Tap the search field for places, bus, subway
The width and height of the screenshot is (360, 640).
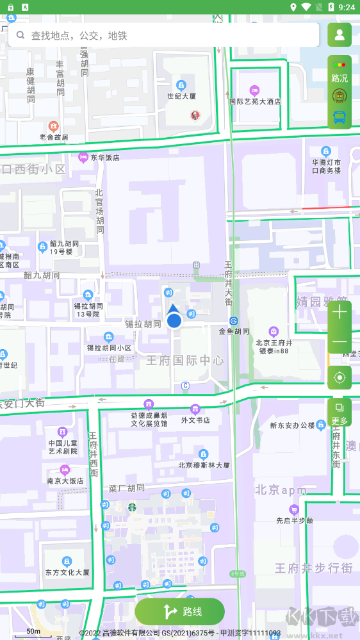(163, 35)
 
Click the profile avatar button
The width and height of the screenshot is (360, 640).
(340, 35)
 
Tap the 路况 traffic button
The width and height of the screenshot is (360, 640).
(340, 71)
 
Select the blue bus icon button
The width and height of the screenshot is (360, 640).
(340, 117)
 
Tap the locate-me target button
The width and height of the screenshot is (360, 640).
(340, 377)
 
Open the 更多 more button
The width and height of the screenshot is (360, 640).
(340, 413)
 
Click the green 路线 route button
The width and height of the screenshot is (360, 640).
(180, 612)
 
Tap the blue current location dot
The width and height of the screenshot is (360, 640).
(174, 320)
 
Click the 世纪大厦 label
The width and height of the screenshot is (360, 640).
(181, 96)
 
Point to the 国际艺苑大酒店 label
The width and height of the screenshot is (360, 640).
(255, 101)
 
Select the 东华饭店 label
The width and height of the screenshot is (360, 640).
(104, 157)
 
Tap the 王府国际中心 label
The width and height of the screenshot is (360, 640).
(185, 360)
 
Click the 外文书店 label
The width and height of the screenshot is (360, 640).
(195, 420)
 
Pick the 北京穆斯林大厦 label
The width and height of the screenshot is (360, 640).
(204, 465)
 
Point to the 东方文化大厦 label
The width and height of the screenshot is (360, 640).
(67, 572)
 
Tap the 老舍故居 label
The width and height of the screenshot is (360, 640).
(54, 136)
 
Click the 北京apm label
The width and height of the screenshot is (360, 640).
(281, 490)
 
